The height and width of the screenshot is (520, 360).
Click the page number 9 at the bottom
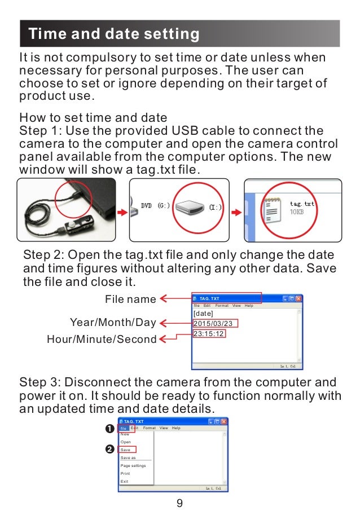(x=179, y=503)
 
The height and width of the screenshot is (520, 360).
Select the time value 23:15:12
(x=209, y=334)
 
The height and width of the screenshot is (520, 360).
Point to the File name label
(x=130, y=299)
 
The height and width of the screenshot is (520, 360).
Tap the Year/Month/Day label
(x=112, y=323)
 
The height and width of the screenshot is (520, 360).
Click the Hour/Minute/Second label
(x=102, y=339)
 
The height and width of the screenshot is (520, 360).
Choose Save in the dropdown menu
(x=126, y=450)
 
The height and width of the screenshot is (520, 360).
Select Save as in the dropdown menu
(x=128, y=458)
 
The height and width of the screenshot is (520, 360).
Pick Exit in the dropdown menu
(x=124, y=482)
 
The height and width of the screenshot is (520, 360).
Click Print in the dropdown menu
(x=125, y=474)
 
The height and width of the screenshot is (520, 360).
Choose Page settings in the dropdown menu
(x=133, y=466)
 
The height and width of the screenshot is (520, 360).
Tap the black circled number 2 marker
(x=109, y=450)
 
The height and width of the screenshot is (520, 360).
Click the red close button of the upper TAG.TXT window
(x=298, y=298)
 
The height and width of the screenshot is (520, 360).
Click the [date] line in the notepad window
(x=203, y=313)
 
